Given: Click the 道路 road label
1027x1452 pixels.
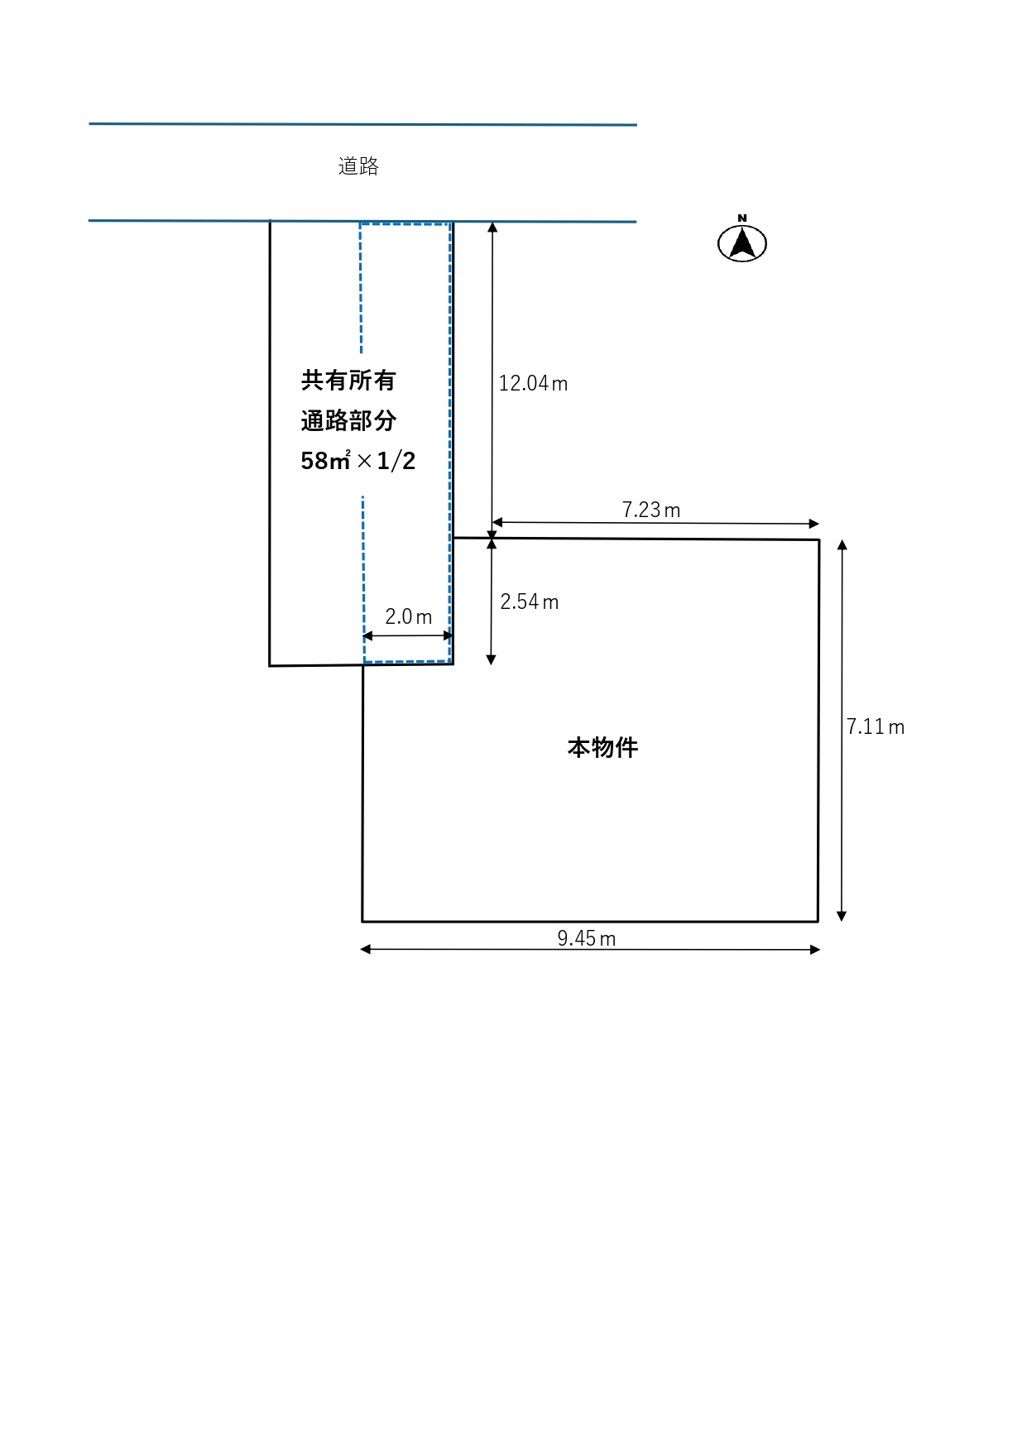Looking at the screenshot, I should [358, 166].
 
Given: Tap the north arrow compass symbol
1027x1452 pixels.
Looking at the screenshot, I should [742, 244].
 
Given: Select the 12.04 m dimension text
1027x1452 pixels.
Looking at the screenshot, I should [532, 383].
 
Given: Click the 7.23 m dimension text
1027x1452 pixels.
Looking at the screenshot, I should [650, 510].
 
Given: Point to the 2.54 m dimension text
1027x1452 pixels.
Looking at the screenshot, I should [529, 601].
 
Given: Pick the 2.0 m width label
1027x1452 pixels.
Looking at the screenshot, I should [408, 616].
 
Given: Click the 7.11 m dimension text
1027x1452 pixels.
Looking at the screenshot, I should [875, 726].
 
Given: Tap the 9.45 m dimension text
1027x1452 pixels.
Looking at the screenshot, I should [586, 938].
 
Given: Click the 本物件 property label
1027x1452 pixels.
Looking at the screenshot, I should [602, 748].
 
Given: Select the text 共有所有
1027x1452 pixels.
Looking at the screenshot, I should [348, 381].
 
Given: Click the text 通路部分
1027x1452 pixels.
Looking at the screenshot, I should [348, 420].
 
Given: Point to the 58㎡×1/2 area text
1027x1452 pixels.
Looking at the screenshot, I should [358, 460].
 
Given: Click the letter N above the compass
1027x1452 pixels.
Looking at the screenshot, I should [742, 218].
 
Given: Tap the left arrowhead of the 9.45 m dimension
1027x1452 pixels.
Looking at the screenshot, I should [366, 949].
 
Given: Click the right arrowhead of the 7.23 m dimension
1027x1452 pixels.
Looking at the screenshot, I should [814, 523].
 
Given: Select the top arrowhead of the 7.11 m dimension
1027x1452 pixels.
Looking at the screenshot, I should [842, 545].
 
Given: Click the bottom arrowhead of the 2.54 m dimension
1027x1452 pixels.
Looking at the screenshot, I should [491, 659].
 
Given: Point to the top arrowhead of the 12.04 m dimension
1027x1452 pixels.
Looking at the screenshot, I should [492, 227].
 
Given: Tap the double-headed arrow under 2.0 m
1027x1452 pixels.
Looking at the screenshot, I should [408, 636].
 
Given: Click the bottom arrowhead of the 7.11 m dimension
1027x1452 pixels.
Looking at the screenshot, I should [842, 916].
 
